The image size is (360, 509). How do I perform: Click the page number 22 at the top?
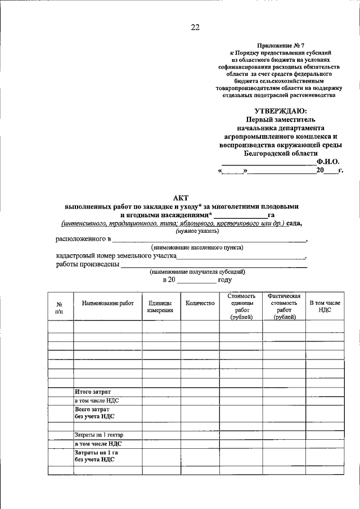tap(195, 27)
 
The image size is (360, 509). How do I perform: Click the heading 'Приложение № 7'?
tap(281, 44)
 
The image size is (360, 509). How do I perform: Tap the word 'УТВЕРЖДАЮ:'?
tap(281, 111)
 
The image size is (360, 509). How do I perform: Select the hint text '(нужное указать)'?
tap(197, 231)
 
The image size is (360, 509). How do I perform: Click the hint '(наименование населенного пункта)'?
tap(197, 247)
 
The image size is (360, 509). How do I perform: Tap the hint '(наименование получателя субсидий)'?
tap(197, 272)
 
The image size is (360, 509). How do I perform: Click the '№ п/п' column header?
tap(59, 307)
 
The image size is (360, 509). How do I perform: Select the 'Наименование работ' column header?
tap(107, 303)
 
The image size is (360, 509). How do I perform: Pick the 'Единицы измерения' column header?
tap(160, 307)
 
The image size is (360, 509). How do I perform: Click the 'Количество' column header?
tap(200, 303)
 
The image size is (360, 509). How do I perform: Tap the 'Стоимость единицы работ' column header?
tap(242, 307)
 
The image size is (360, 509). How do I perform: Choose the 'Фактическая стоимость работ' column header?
tap(284, 307)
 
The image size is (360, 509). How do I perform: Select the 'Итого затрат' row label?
tap(93, 391)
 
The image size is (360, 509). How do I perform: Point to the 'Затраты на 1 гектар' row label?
tap(99, 435)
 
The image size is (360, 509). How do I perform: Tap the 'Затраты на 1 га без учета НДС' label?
tap(96, 456)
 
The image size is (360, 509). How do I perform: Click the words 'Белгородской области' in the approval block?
tap(281, 152)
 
